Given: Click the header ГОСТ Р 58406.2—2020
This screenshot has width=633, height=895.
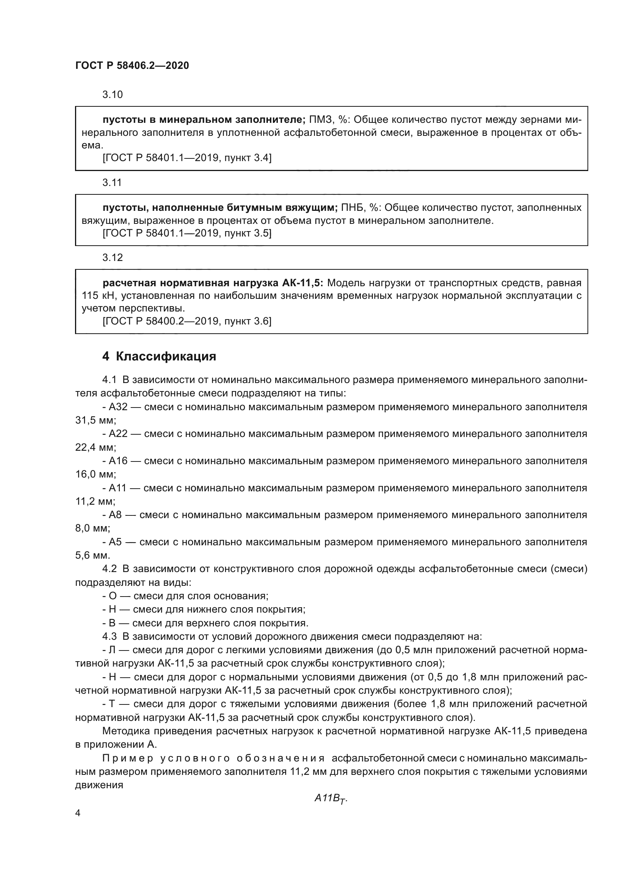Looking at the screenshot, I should click(x=132, y=66).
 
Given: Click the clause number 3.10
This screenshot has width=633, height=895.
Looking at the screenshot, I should click(x=112, y=95).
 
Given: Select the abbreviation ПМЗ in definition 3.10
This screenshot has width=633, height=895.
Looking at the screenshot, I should click(x=320, y=119).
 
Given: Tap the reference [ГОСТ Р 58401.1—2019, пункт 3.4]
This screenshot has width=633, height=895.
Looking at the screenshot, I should click(x=187, y=158).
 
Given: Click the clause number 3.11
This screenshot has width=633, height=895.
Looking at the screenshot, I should click(x=112, y=183).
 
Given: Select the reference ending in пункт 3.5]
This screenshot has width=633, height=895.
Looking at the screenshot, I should click(x=187, y=233).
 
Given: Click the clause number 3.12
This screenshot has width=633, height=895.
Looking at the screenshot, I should click(x=112, y=258).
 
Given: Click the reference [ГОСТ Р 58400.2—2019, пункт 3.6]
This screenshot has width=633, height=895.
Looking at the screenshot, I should click(x=187, y=321).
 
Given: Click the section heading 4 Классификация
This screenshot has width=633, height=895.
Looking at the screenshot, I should click(x=159, y=356).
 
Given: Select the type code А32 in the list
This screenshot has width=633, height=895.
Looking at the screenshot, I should click(x=118, y=407).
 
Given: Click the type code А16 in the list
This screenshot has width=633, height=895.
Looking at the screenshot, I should click(x=118, y=461).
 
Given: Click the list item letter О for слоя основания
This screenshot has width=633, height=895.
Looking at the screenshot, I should click(x=112, y=596).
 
